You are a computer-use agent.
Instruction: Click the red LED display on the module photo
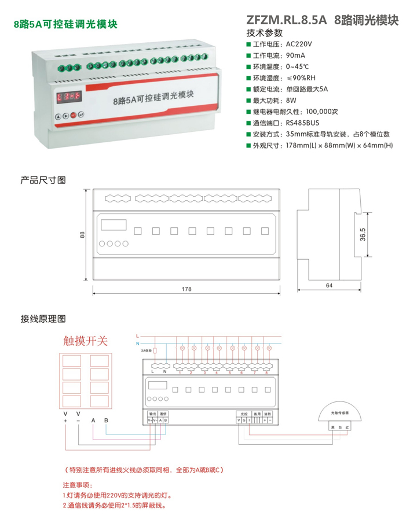pos(69,97)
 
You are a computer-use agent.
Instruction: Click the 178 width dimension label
pos(186,289)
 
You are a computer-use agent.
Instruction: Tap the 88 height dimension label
pos(82,234)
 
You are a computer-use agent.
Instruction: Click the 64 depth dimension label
pos(329,286)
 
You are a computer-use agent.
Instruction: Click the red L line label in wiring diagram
pos(137,335)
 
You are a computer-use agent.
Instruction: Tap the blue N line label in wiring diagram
pos(137,344)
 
